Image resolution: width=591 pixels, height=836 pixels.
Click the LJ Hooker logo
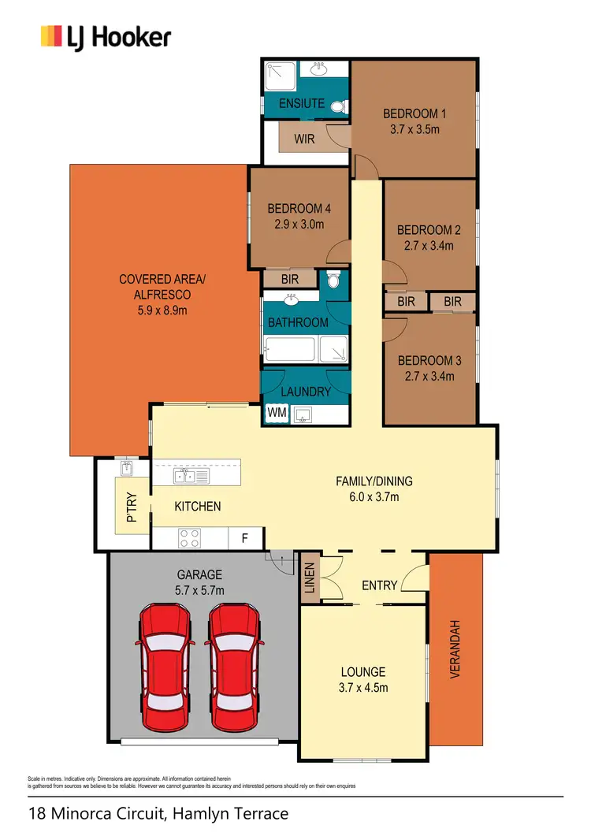[106, 37]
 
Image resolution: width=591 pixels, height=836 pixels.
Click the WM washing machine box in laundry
[277, 412]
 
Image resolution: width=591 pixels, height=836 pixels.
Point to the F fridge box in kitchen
[245, 539]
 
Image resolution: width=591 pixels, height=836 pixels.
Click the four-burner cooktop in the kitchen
[190, 538]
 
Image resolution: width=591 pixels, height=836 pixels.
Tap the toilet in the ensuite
[338, 107]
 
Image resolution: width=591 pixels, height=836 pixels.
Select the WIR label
[305, 139]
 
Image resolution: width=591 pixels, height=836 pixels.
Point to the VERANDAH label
[455, 649]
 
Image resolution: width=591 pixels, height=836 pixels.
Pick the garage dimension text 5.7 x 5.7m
[199, 590]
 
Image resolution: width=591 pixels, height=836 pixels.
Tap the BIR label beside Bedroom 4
[288, 279]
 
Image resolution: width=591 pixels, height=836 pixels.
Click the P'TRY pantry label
[132, 507]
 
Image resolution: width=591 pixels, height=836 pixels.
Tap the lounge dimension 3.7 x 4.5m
[362, 688]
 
